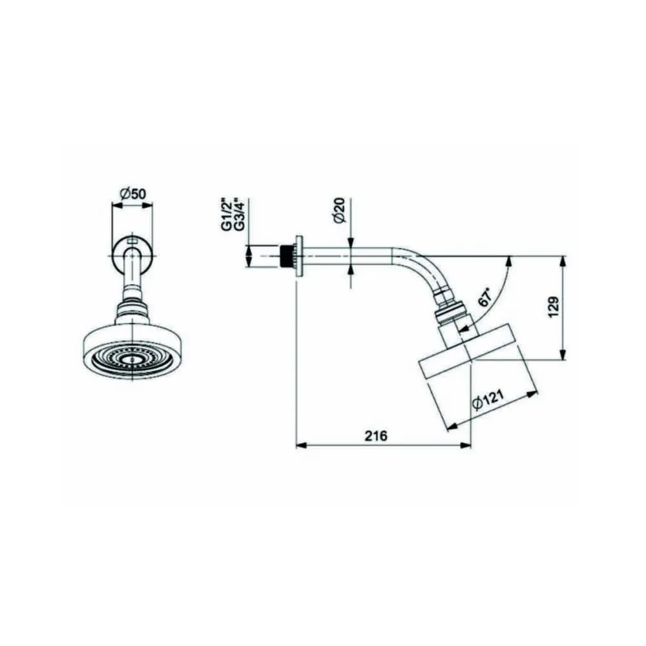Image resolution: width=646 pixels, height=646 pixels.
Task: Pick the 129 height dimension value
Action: point(554,306)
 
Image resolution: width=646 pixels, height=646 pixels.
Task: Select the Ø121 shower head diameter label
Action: point(488,400)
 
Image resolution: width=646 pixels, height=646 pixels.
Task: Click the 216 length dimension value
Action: point(376,435)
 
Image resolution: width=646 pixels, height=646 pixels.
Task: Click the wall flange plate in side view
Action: point(299,256)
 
